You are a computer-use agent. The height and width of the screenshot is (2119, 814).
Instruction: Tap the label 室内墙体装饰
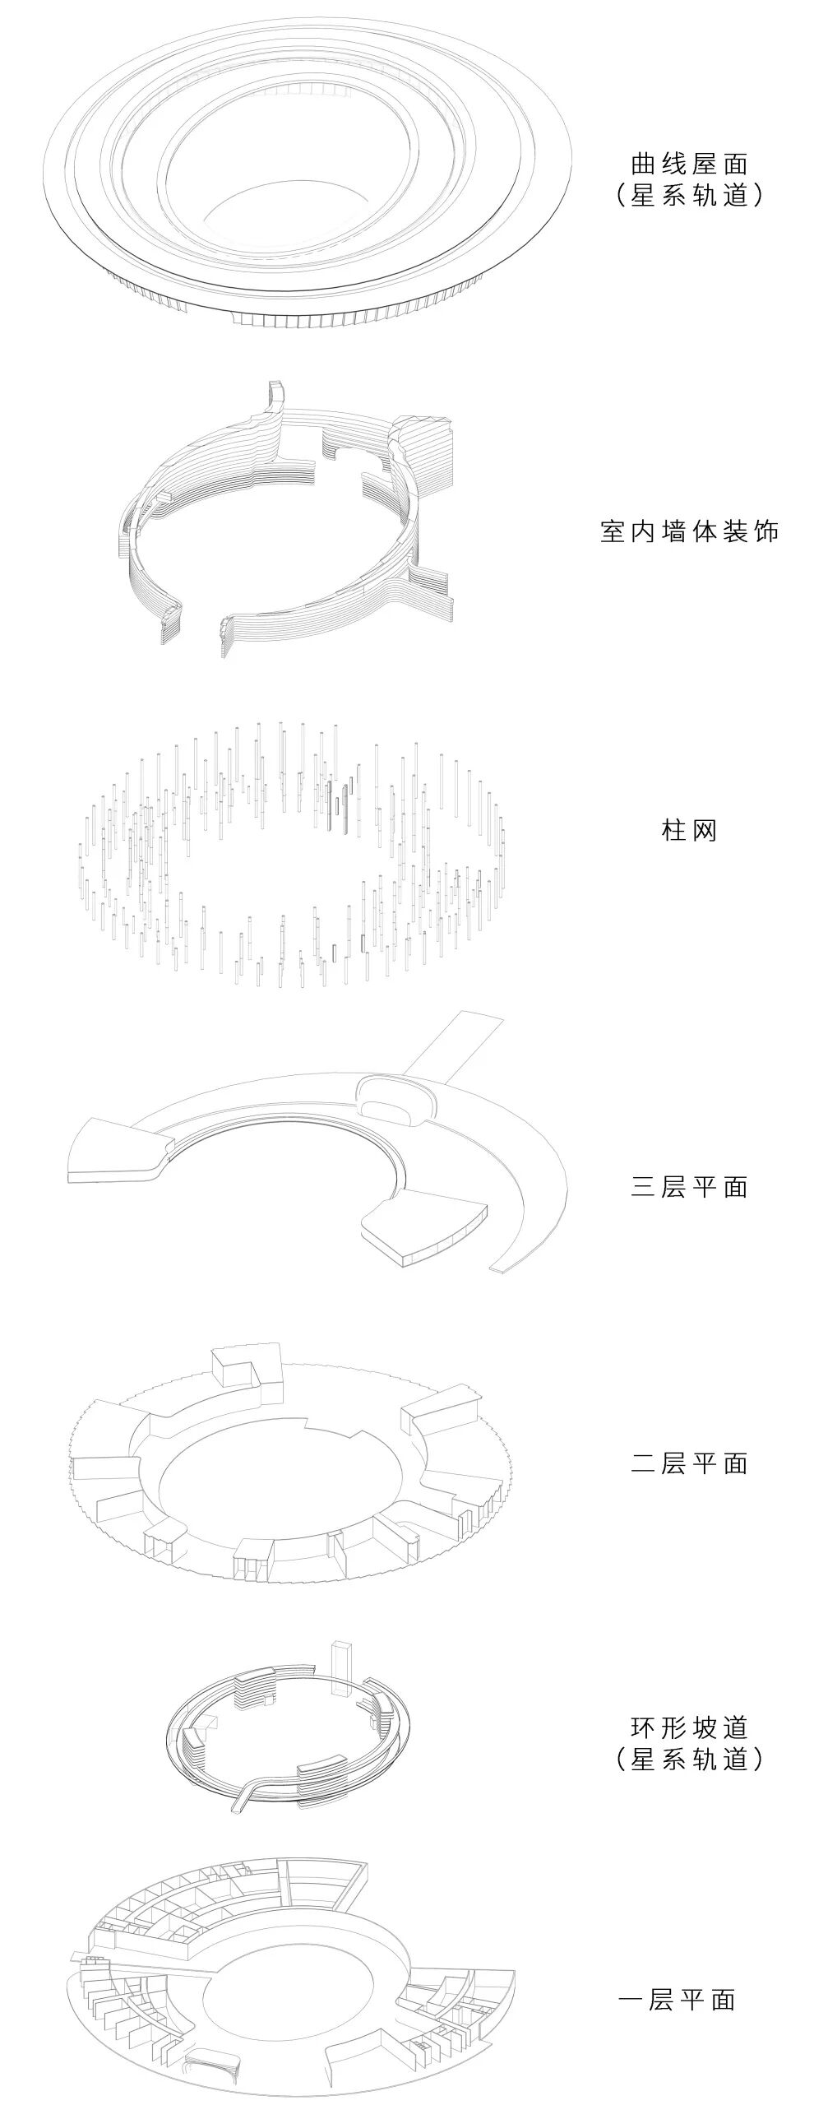tap(689, 532)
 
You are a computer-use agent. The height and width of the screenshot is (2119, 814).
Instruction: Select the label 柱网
tap(689, 830)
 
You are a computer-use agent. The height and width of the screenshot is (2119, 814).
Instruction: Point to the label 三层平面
tap(689, 1186)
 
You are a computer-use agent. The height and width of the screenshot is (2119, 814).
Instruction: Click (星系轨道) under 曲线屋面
tap(689, 196)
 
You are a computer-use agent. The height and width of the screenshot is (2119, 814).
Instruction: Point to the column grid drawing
tap(292, 851)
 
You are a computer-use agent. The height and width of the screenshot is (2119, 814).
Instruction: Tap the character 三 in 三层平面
tap(642, 1186)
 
